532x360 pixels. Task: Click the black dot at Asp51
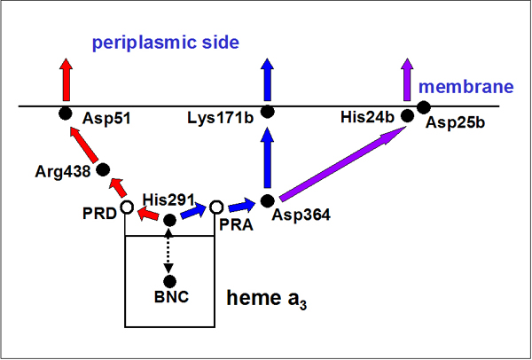click(65, 113)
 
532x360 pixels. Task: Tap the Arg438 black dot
click(102, 168)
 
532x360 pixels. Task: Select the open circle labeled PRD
click(126, 207)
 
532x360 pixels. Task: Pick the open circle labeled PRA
click(215, 207)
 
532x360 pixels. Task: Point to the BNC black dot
click(169, 280)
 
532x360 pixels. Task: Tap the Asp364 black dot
click(267, 200)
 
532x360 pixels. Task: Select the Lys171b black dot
click(267, 112)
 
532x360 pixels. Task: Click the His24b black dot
click(409, 114)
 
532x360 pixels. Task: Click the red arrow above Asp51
click(65, 79)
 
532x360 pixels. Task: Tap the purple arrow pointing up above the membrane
click(407, 81)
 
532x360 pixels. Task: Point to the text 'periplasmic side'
click(168, 42)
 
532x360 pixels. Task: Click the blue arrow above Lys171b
click(267, 80)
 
